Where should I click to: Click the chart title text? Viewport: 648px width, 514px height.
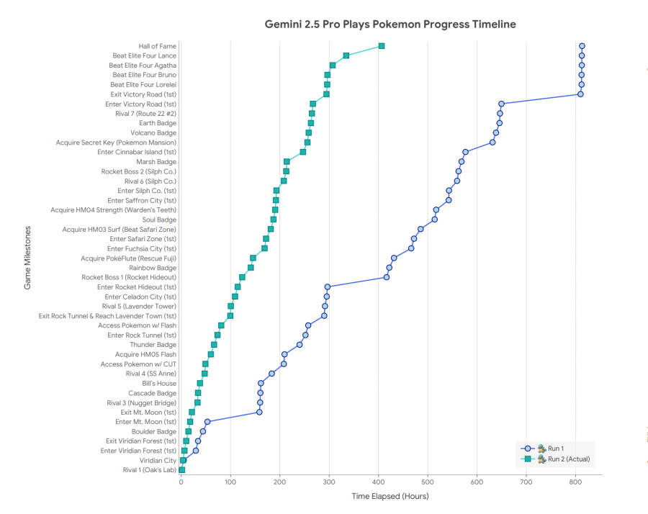pos(390,24)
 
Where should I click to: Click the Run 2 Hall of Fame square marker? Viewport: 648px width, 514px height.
pos(382,46)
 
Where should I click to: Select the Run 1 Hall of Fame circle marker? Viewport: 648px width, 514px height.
pos(582,46)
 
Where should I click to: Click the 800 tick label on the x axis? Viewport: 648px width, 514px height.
pos(575,482)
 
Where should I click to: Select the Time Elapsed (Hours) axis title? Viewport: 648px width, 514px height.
pos(390,497)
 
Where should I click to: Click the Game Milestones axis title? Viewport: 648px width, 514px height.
pos(28,257)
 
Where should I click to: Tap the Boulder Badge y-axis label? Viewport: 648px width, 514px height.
pos(158,431)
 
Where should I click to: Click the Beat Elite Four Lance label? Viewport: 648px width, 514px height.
pos(144,55)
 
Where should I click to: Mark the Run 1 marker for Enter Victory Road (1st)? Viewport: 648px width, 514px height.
pos(501,104)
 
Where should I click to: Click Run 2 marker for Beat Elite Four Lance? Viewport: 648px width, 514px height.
pos(346,55)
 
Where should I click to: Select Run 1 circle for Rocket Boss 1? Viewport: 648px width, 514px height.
pos(387,277)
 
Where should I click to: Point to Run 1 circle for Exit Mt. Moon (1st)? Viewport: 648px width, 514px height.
pos(259,412)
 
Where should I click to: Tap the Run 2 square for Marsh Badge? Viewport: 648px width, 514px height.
pos(287,162)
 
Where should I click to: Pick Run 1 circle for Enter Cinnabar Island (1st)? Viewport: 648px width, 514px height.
pos(465,152)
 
